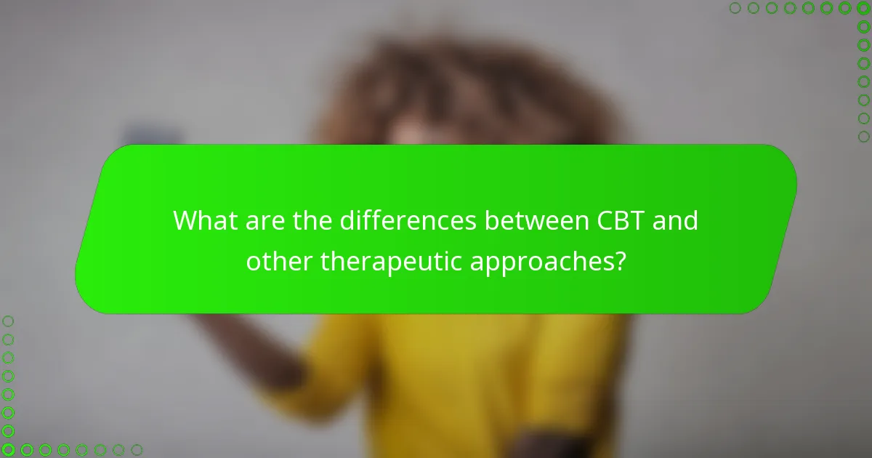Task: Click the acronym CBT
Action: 623,220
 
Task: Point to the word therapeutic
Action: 392,260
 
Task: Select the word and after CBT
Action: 676,220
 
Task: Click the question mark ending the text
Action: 620,260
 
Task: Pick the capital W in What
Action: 186,220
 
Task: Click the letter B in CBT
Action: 623,220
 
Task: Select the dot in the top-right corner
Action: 863,8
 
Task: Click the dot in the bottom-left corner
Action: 8,450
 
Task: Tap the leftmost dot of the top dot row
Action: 735,8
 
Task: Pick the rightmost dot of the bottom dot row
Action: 136,450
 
